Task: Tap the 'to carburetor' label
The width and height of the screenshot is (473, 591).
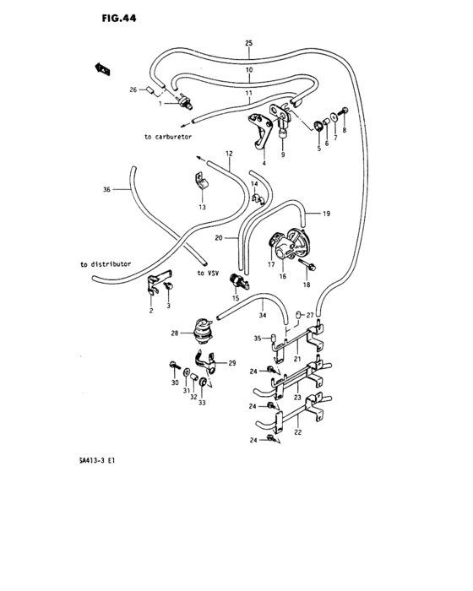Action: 168,136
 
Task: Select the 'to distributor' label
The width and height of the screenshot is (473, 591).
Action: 106,264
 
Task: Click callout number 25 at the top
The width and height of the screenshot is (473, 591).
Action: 248,42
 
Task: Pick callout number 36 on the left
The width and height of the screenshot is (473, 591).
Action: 106,190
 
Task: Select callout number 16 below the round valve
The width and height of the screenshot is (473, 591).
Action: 283,276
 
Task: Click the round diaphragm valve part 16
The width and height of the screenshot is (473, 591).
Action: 287,246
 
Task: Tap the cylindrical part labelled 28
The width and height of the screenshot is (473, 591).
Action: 202,330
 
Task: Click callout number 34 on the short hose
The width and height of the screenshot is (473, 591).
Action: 262,314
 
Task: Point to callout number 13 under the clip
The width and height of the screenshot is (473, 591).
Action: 201,207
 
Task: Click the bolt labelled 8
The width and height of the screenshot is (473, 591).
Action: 344,110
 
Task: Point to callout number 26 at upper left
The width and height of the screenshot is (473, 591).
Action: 133,88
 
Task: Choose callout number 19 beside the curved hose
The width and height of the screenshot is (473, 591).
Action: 326,214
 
